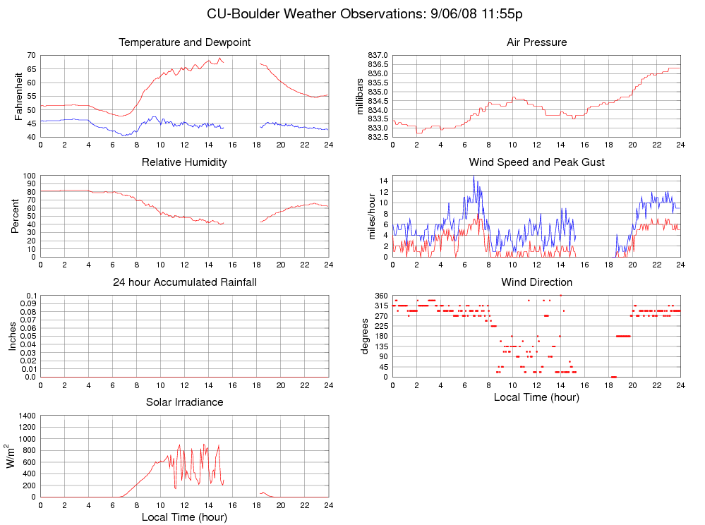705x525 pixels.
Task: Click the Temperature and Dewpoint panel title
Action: tap(184, 43)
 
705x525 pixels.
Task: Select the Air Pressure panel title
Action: tap(536, 43)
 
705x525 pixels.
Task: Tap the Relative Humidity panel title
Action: tap(184, 163)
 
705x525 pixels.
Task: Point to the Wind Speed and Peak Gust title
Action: tap(536, 163)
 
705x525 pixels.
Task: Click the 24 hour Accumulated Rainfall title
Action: tap(184, 283)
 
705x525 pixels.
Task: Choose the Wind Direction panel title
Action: tap(536, 283)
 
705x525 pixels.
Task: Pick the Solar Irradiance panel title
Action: tap(184, 403)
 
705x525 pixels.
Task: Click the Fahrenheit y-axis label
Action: tap(19, 96)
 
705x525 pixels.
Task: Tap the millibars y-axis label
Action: tap(360, 96)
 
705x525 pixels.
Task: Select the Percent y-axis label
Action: tap(15, 216)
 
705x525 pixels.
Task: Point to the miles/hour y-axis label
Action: tap(372, 216)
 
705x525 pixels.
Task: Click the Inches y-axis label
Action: tap(11, 336)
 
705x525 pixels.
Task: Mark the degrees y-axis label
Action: tap(365, 336)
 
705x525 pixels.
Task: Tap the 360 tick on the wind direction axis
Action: tap(381, 295)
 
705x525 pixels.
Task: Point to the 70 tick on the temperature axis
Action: tap(31, 55)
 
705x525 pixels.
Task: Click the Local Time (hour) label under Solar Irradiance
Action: tap(184, 517)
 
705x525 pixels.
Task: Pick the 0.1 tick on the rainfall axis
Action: tap(31, 296)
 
